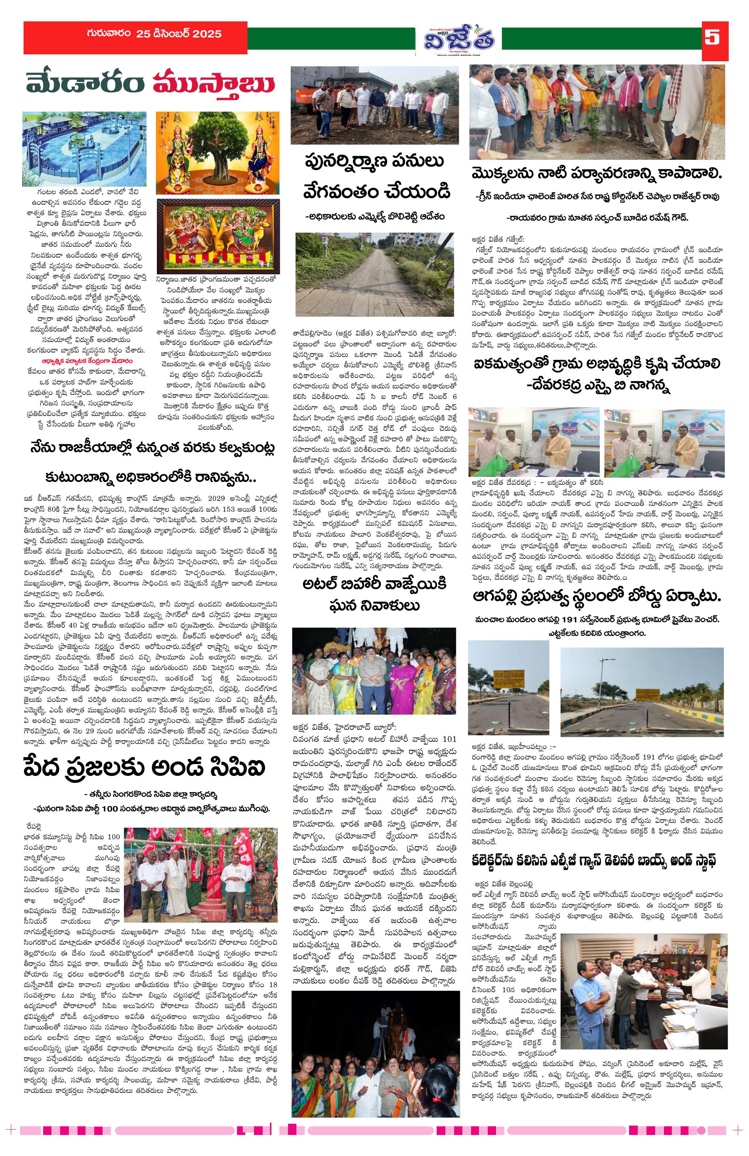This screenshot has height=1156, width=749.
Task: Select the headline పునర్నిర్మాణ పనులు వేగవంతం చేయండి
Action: [x=374, y=177]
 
